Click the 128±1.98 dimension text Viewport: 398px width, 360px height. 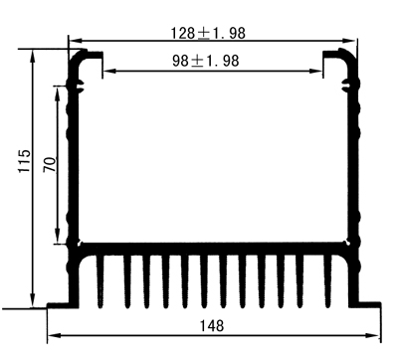click(x=207, y=32)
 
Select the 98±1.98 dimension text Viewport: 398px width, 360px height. click(x=205, y=61)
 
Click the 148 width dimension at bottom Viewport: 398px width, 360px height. click(x=212, y=326)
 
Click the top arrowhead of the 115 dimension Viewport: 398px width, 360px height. click(x=35, y=57)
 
